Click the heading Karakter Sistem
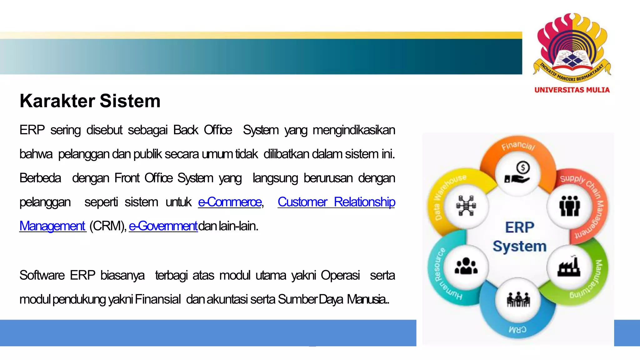click(x=90, y=101)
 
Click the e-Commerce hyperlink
click(x=230, y=202)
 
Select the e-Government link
click(x=163, y=226)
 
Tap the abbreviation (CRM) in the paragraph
click(x=107, y=226)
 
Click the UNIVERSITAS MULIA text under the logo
click(x=572, y=90)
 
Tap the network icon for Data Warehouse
click(x=466, y=205)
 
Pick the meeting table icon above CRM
click(x=518, y=299)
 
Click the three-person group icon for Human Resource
click(x=466, y=266)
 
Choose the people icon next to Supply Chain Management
click(x=569, y=206)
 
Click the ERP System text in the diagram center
click(x=520, y=237)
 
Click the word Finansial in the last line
click(x=158, y=299)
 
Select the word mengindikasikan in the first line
click(x=354, y=130)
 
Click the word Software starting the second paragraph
click(x=42, y=275)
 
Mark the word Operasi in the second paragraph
click(x=340, y=275)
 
